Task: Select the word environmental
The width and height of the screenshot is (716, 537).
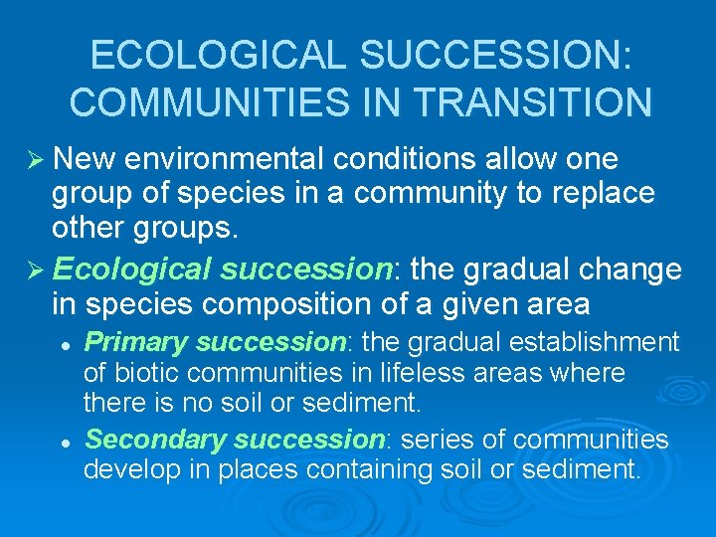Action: coord(235,159)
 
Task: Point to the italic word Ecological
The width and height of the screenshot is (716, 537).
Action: coord(132,269)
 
